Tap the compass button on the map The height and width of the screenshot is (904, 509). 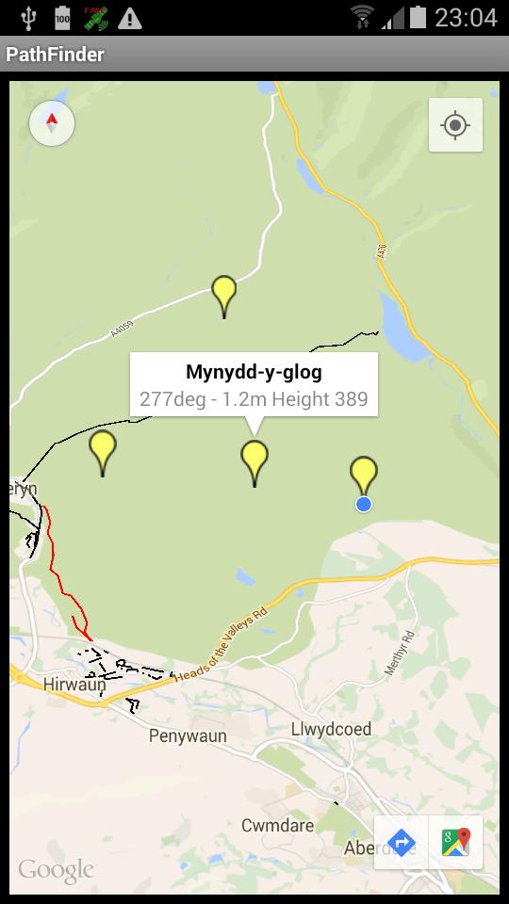click(x=52, y=123)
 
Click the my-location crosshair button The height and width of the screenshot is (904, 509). click(x=455, y=125)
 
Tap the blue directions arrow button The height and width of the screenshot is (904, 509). click(x=402, y=842)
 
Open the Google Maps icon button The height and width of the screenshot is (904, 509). click(x=456, y=842)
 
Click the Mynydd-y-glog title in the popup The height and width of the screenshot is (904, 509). click(x=254, y=371)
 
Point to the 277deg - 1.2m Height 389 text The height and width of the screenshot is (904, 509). click(x=254, y=399)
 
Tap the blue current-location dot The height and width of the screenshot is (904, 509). click(x=364, y=505)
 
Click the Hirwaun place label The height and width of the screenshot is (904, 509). click(x=74, y=685)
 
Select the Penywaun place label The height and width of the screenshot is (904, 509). click(x=188, y=735)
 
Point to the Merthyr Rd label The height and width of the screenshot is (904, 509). click(x=400, y=653)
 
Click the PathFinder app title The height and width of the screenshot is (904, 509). click(x=56, y=55)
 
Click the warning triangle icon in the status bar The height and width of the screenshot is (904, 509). click(x=129, y=17)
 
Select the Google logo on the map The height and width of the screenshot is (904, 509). click(x=56, y=870)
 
